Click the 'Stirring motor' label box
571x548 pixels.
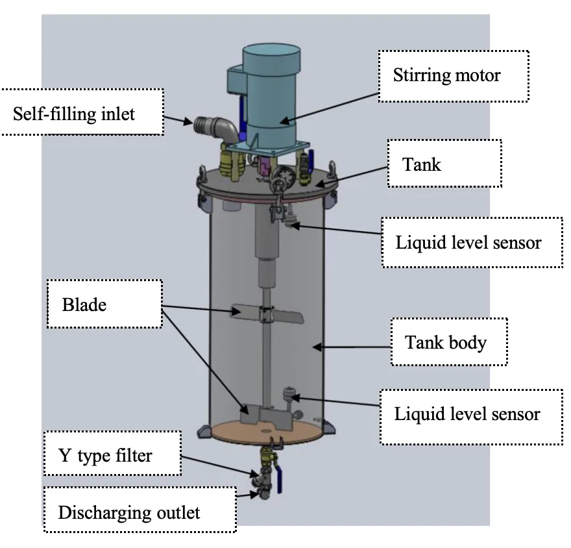pos(454,76)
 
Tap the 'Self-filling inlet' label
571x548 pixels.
pos(82,112)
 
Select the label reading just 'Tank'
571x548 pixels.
pos(444,163)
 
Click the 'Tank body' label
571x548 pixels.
pos(449,342)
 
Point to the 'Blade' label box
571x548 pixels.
pos(104,304)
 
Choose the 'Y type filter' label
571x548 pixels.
pos(112,453)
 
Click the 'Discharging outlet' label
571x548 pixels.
pos(140,510)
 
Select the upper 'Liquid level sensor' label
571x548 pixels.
pos(472,243)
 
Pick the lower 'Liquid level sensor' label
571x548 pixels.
pos(471,417)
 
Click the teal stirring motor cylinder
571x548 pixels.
pos(271,95)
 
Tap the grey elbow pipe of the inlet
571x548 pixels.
pos(218,128)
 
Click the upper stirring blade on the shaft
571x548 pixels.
pos(267,314)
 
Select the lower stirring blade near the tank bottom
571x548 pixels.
pos(265,416)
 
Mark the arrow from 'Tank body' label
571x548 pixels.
pos(352,347)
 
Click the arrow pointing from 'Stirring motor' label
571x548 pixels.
pos(329,108)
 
